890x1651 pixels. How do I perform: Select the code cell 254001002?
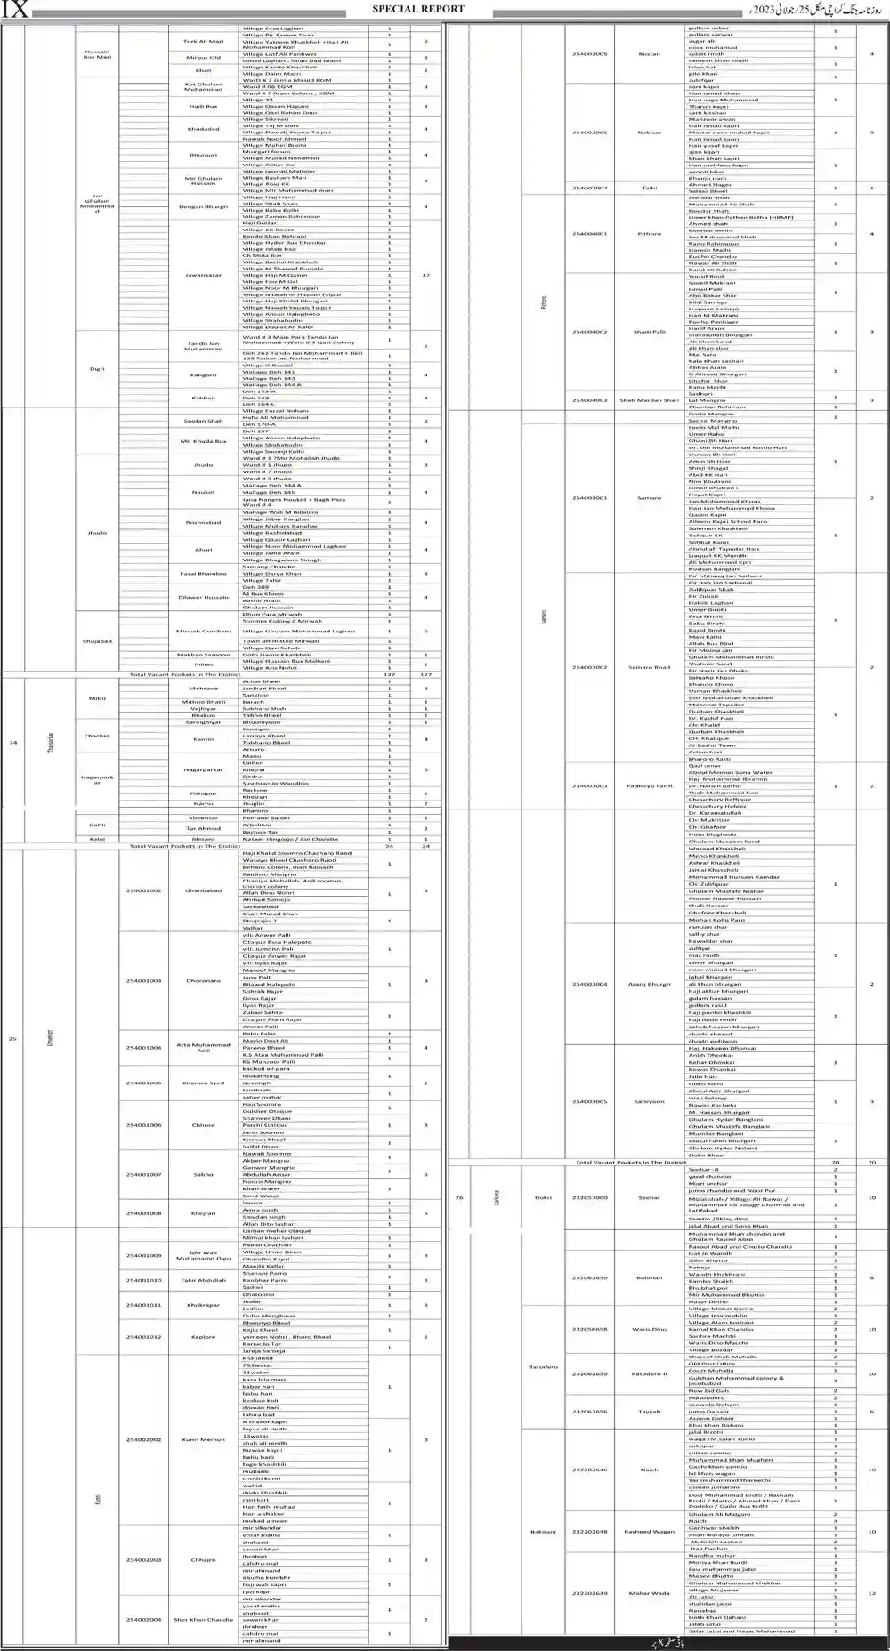(x=143, y=890)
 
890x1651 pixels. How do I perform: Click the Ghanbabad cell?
(x=204, y=890)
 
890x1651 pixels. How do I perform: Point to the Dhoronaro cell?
(x=204, y=981)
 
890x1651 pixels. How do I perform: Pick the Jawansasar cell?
(x=204, y=275)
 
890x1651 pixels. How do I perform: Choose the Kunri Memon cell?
(x=204, y=1439)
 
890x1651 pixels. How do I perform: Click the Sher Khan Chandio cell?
(x=204, y=1620)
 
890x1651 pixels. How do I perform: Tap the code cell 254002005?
(x=590, y=54)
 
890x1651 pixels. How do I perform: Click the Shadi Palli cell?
(x=650, y=332)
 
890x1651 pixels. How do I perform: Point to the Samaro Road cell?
(x=650, y=667)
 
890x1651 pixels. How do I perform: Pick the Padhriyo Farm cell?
(x=650, y=786)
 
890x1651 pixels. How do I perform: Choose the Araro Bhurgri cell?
(x=650, y=985)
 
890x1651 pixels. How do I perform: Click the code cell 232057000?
(x=590, y=1197)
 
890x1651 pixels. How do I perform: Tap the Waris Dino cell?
(x=650, y=1330)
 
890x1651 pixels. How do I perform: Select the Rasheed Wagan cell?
(x=650, y=1532)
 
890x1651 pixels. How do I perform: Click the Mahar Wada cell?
(x=650, y=1593)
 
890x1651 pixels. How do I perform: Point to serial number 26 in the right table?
(x=459, y=1197)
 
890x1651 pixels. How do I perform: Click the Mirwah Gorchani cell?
(x=204, y=631)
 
